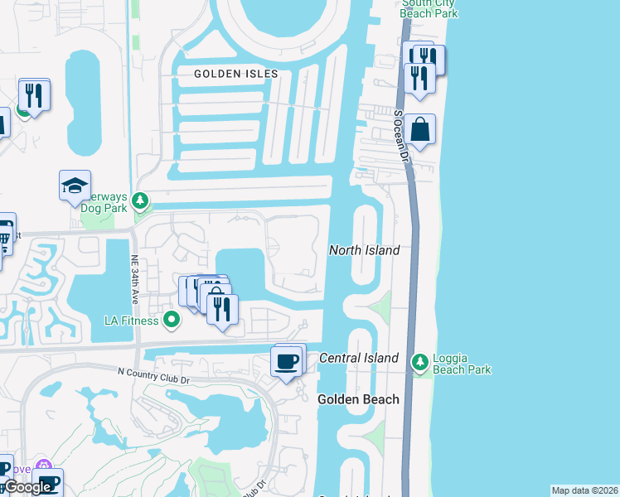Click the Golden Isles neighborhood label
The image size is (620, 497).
tap(235, 74)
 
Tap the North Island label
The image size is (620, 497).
tap(364, 250)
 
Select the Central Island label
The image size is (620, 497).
tap(359, 358)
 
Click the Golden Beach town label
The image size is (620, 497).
tap(358, 399)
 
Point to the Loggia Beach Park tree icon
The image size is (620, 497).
tap(420, 362)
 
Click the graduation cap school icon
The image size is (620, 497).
tap(75, 186)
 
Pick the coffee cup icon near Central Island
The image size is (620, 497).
tap(287, 362)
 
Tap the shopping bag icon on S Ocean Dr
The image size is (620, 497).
tap(420, 130)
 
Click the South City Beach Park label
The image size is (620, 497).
tap(428, 8)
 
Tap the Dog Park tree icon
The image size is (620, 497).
tap(140, 200)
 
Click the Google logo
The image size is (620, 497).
tap(27, 487)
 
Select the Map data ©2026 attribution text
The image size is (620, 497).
tap(584, 490)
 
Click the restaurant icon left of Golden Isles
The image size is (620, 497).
tap(34, 94)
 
